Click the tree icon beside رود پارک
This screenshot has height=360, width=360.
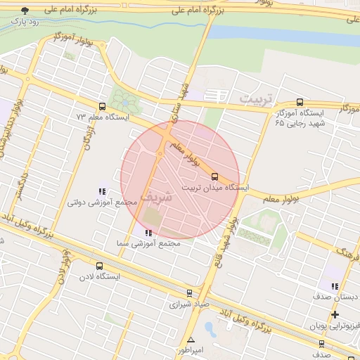[26, 11]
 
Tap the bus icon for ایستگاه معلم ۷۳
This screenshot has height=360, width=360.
[103, 107]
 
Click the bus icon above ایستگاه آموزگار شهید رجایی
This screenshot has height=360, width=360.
[300, 102]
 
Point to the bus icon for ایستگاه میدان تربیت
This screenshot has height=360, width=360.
[214, 176]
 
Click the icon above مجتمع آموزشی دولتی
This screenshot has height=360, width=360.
[102, 191]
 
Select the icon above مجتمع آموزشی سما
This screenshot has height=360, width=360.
[148, 233]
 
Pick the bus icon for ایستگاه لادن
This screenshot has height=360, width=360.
[99, 266]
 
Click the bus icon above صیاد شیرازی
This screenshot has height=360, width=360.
[189, 293]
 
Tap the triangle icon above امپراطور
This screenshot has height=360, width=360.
[190, 340]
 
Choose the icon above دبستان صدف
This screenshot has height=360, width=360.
[334, 286]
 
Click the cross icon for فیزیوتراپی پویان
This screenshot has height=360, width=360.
[335, 314]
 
